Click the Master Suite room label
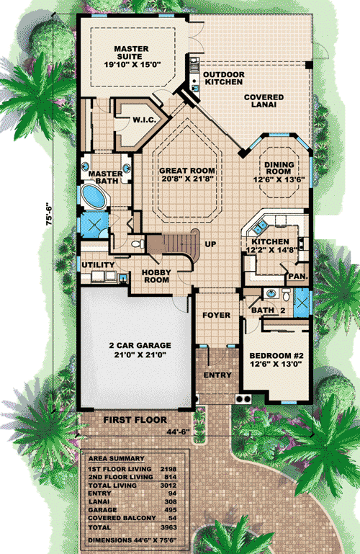pos(131,53)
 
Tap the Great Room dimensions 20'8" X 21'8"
pos(187,179)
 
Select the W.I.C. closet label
pos(144,120)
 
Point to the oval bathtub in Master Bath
pos(94,196)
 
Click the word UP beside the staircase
pos(210,244)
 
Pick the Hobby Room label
pos(156,277)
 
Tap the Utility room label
pos(98,265)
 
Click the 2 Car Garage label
pos(140,346)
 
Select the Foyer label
pos(216,315)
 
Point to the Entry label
pos(217,375)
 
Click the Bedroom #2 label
pos(276,356)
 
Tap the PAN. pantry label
pos(298,277)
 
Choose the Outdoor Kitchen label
pos(224,78)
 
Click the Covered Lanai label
pos(264,101)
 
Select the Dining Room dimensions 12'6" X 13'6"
pos(279,179)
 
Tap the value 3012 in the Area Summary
pos(168,486)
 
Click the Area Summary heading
pos(117,459)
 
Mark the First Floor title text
pos(135,420)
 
